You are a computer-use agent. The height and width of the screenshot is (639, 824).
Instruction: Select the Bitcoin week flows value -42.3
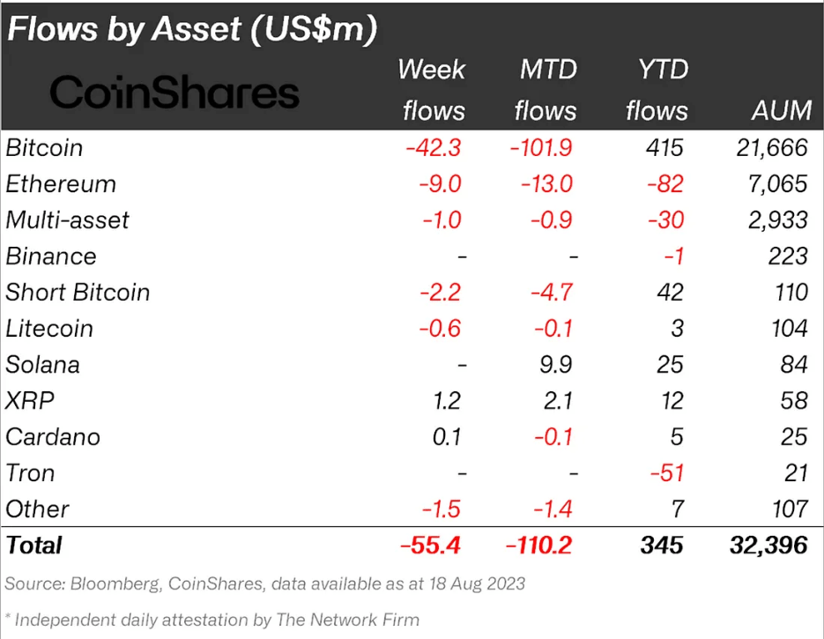pyautogui.click(x=433, y=148)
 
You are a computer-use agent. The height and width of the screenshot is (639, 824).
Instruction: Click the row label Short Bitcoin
pyautogui.click(x=78, y=293)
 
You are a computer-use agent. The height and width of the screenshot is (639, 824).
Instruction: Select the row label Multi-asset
pyautogui.click(x=67, y=220)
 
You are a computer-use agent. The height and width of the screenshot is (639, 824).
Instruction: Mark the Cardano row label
pyautogui.click(x=53, y=437)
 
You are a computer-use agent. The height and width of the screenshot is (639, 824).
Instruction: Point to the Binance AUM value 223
pyautogui.click(x=787, y=256)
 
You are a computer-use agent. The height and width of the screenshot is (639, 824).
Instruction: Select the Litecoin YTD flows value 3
pyautogui.click(x=676, y=329)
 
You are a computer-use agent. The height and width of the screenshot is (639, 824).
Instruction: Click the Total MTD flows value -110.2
pyautogui.click(x=540, y=545)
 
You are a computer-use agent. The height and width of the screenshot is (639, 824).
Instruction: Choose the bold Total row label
pyautogui.click(x=34, y=545)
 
